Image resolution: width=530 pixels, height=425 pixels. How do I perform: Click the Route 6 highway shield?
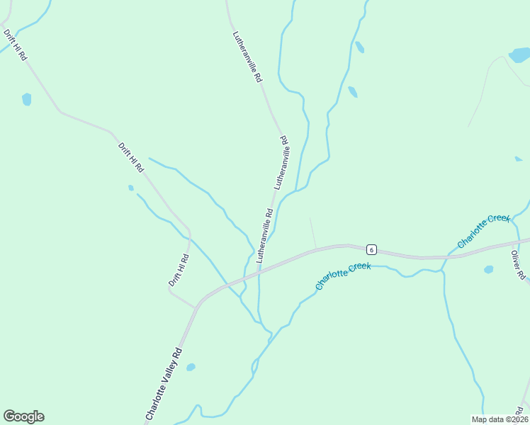[x=371, y=250]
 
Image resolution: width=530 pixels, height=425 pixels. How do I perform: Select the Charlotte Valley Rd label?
[x=164, y=383]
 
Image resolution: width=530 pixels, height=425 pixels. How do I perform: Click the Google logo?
[x=23, y=416]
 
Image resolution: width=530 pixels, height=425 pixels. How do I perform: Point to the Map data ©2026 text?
[x=499, y=419]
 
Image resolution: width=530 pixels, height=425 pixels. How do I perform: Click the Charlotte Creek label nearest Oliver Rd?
[x=483, y=231]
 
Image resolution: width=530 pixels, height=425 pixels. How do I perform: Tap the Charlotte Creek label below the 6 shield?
[x=344, y=276]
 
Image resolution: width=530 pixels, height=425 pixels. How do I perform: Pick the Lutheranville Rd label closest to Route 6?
[x=264, y=235]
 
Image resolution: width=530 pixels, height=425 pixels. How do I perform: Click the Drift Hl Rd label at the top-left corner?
[x=14, y=45]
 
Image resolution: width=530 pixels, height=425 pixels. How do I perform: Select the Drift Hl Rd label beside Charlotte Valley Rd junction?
[x=179, y=270]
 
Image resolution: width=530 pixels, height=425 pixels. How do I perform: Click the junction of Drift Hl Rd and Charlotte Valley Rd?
[x=196, y=307]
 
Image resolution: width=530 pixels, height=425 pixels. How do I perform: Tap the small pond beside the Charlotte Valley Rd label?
[x=191, y=367]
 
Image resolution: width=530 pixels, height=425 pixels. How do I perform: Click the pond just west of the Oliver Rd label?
[x=488, y=269]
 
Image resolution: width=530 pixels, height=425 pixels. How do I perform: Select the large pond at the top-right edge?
[x=519, y=55]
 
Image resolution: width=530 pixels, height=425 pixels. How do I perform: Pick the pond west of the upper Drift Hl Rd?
[x=27, y=99]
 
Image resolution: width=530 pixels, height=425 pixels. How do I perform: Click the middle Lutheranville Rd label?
[x=281, y=162]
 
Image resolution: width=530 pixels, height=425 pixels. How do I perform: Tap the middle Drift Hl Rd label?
[x=131, y=158]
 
